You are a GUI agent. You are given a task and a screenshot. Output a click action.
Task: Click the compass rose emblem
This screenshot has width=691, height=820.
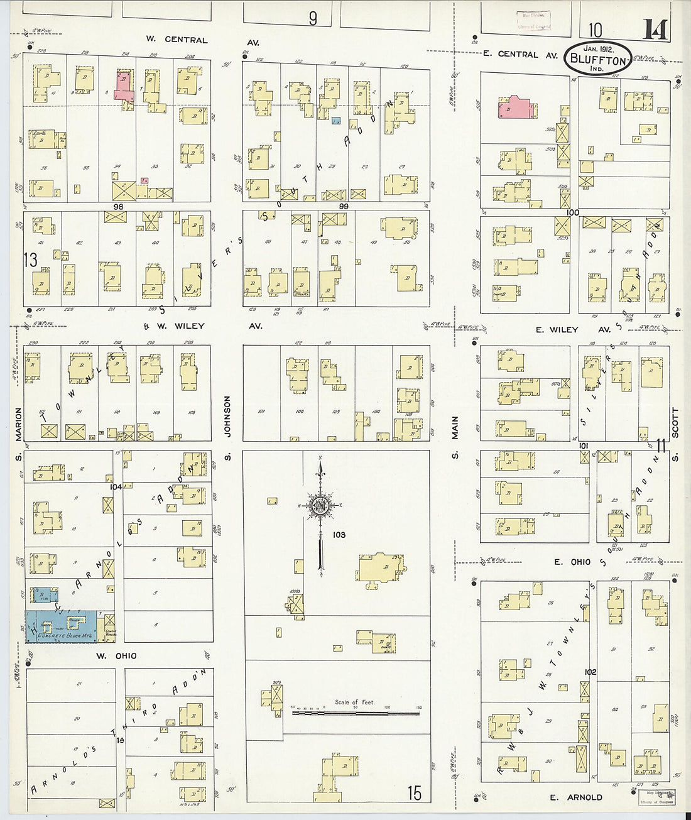(x=321, y=506)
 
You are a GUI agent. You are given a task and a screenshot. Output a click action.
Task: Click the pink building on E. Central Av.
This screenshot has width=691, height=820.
(x=518, y=107)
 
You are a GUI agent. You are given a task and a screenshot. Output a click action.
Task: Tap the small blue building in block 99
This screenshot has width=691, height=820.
(x=337, y=120)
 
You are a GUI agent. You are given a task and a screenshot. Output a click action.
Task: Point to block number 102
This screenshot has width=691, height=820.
(x=589, y=671)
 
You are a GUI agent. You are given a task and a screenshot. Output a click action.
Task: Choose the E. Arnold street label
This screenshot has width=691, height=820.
(x=575, y=797)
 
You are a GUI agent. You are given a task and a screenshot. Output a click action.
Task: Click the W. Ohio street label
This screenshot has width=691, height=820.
(x=117, y=656)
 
